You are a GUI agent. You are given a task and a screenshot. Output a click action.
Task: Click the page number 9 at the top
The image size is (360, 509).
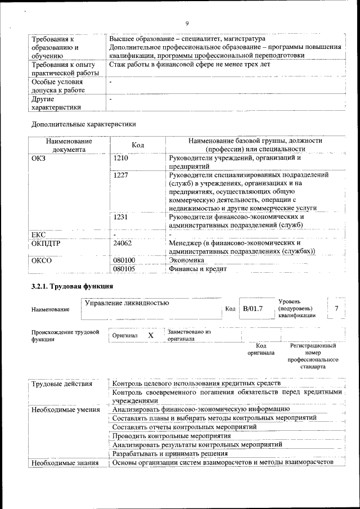tap(186, 23)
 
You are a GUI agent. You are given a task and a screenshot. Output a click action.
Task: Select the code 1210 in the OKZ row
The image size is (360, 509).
tap(121, 158)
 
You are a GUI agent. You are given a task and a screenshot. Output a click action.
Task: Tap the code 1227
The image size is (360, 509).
tap(121, 175)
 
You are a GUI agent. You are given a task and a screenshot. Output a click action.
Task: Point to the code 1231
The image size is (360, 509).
tap(121, 217)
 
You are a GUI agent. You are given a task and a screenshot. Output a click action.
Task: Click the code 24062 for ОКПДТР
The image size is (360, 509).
tap(123, 243)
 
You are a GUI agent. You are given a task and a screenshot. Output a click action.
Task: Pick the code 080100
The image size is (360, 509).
tap(124, 260)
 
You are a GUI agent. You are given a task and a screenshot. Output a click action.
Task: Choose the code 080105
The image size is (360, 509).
tap(124, 269)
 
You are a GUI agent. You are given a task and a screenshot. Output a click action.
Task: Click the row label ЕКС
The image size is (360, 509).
tap(38, 234)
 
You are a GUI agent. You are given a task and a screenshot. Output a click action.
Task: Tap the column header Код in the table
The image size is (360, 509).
tap(138, 145)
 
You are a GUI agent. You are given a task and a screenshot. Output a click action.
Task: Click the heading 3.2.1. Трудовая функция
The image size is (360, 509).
tap(73, 286)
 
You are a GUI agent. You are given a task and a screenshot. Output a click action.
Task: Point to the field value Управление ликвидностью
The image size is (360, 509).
tap(127, 303)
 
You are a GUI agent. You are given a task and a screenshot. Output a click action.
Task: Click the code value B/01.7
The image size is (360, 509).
tap(253, 308)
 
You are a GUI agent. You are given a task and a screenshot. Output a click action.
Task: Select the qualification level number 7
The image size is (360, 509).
tap(336, 308)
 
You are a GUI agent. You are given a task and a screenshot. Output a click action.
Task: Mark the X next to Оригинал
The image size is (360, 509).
tap(151, 335)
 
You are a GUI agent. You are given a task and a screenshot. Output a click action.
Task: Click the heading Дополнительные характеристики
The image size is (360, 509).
tap(83, 123)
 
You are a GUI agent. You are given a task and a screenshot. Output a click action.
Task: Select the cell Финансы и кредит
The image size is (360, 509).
tap(197, 269)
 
